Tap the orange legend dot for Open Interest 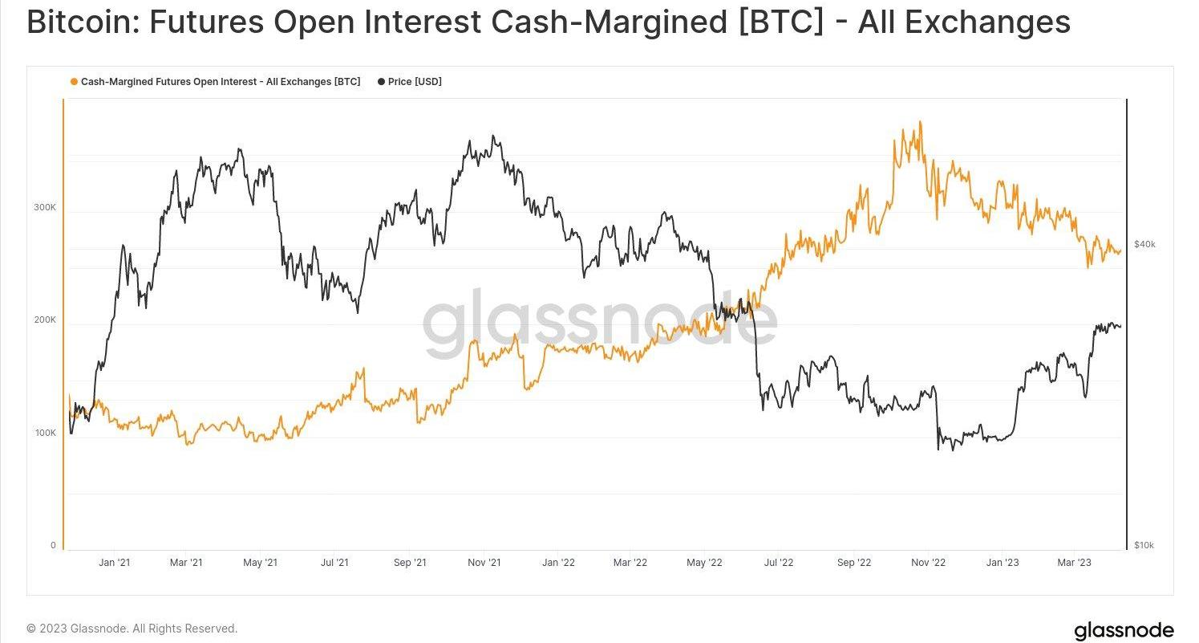(75, 82)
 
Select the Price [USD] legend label (415, 82)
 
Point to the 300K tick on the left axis (45, 207)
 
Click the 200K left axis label (45, 319)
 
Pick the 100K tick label (45, 433)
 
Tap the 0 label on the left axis (53, 545)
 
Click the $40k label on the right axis (1144, 244)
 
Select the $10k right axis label (1144, 545)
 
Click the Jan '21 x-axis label (114, 563)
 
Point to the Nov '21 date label (484, 563)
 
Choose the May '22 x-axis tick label (706, 563)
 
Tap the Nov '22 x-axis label (929, 563)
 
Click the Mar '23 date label (1075, 563)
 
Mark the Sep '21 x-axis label (410, 563)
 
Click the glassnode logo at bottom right (1124, 630)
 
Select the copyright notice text (132, 629)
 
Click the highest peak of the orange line (920, 122)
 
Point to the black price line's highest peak (492, 136)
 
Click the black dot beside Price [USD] (380, 82)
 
